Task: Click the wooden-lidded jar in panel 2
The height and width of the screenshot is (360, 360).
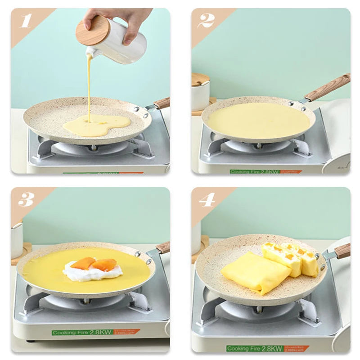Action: pos(201,92)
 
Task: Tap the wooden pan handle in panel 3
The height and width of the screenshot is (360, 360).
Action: pos(163,247)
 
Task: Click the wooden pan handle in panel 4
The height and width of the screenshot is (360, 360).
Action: pos(342,251)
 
